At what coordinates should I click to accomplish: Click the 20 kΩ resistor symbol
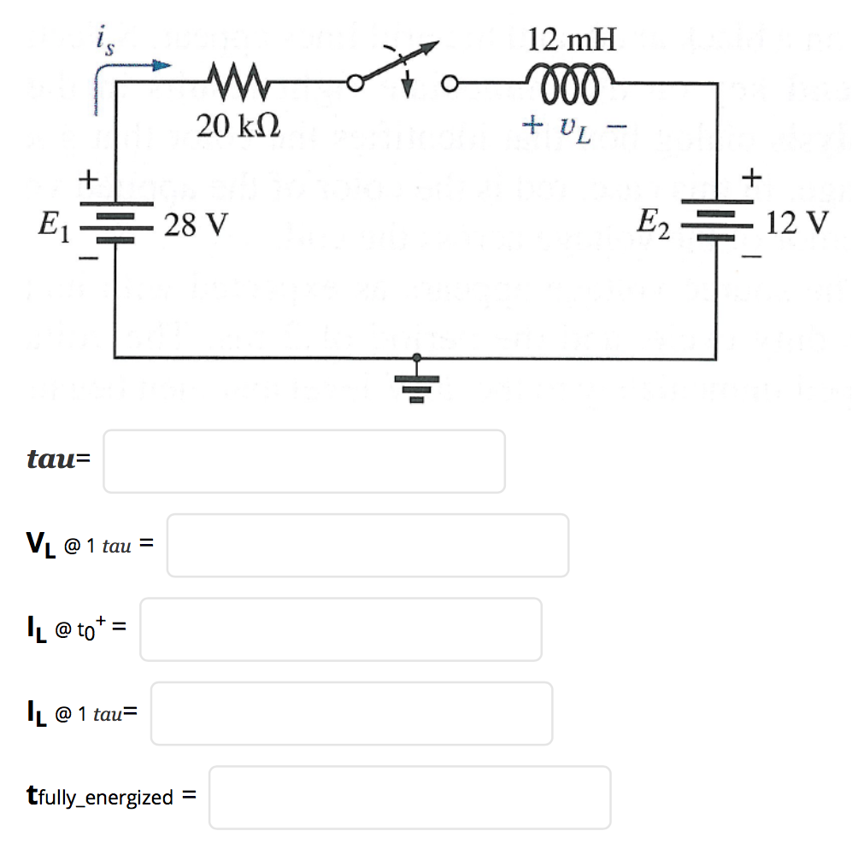coord(228,84)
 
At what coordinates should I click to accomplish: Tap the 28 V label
coord(197,225)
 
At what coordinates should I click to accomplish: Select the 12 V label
coord(799,224)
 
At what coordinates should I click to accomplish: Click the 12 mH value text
coord(572,39)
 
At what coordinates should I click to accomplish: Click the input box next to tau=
coord(303,461)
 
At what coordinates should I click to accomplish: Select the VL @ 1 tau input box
coord(367,545)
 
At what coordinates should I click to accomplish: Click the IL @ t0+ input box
coord(340,629)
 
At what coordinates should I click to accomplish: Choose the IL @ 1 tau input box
coord(351,713)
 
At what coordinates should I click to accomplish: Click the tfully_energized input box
coord(409,798)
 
